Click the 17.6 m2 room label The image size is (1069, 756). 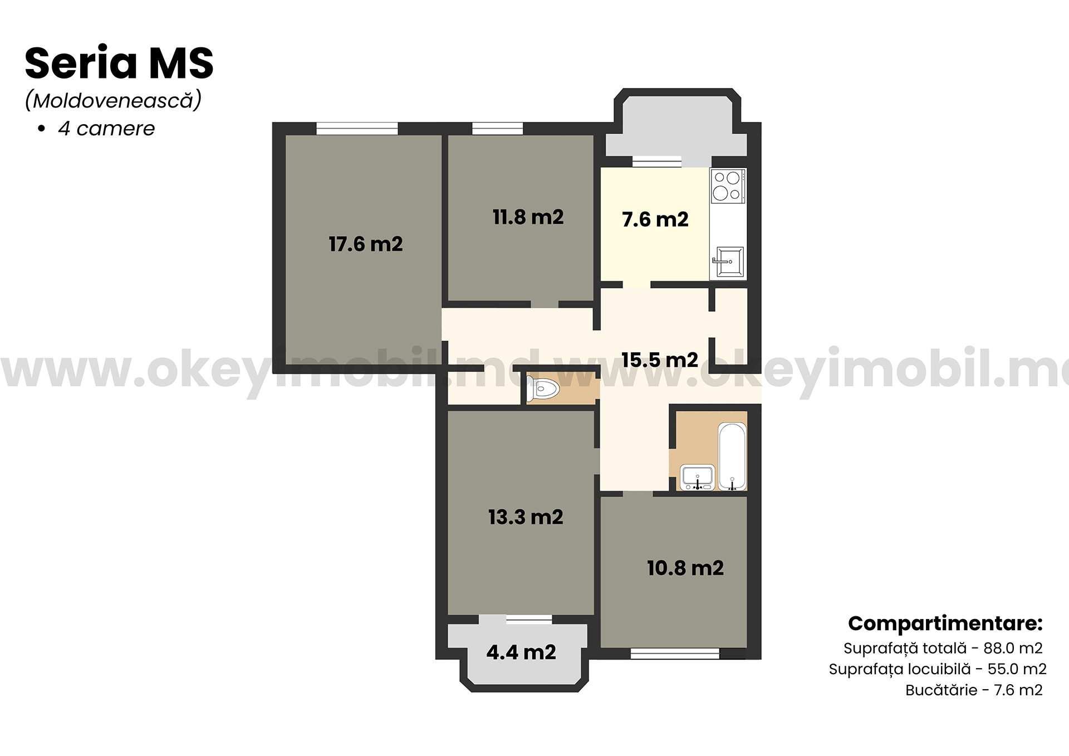coord(365,244)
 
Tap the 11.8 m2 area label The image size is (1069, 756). coord(528,217)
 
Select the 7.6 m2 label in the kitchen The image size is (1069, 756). coord(655,219)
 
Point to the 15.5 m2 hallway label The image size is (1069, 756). coord(660,360)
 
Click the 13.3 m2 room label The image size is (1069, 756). coord(526,517)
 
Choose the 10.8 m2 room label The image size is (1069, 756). coord(685,568)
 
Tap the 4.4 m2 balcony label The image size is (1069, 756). coord(521,652)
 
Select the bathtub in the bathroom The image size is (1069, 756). coord(732,456)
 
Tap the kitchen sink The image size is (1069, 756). coord(728,262)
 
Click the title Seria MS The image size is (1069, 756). coord(119,63)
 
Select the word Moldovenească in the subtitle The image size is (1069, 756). coord(114,100)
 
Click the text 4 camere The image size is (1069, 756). coord(106,129)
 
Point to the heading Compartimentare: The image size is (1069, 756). coord(945,624)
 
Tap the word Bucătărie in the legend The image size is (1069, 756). coord(941,690)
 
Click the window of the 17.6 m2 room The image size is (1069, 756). coord(357,129)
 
